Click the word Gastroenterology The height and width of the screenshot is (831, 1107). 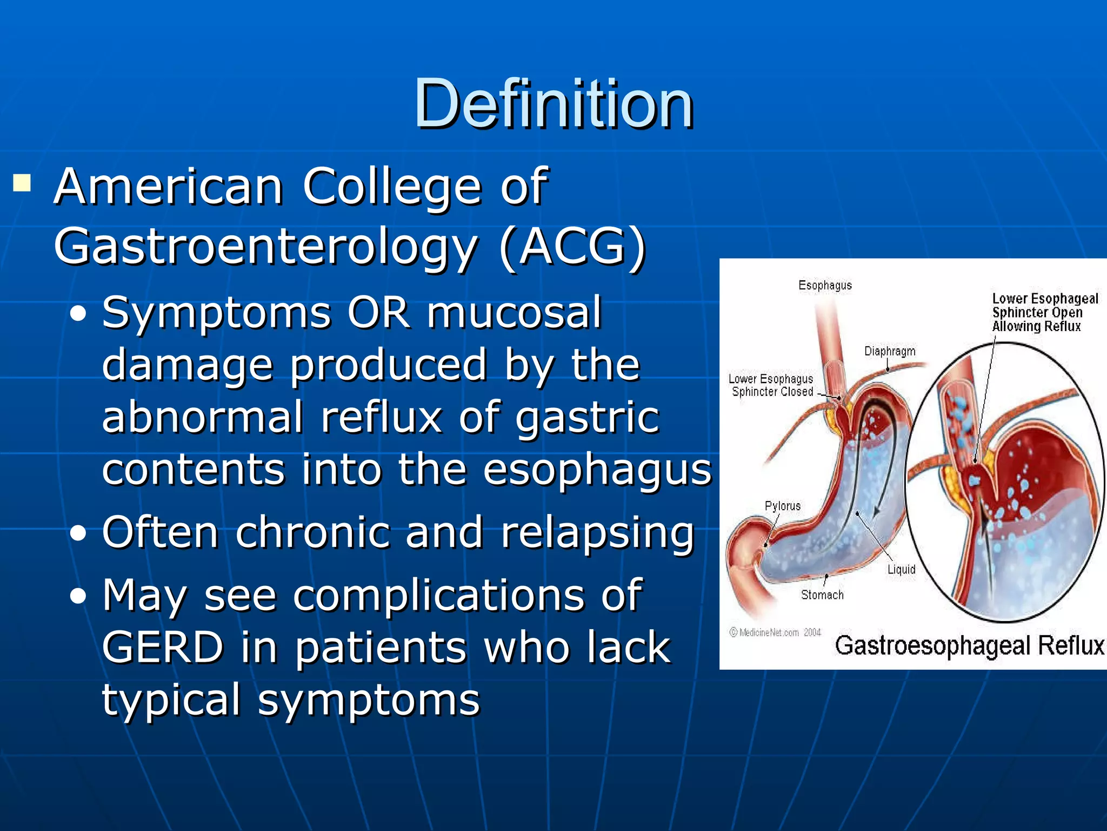coord(265,246)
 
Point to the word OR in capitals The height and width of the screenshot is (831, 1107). coord(378,313)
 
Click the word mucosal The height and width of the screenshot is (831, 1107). coord(514,313)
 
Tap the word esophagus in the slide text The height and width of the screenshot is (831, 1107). coord(597,470)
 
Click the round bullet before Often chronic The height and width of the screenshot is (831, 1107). coord(78,533)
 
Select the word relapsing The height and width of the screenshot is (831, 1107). coord(597,532)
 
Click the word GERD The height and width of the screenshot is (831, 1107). coord(162,647)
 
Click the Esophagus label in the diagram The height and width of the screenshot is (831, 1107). coord(825,285)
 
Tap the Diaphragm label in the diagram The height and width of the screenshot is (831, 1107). coord(890,351)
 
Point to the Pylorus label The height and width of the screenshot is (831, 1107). coord(782,506)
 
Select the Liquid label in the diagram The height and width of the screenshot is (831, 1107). coord(901,569)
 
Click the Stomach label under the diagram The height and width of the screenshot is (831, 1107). coord(822,595)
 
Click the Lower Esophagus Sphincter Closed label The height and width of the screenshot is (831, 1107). coord(771,385)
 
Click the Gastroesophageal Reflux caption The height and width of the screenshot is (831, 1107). coord(969,645)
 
